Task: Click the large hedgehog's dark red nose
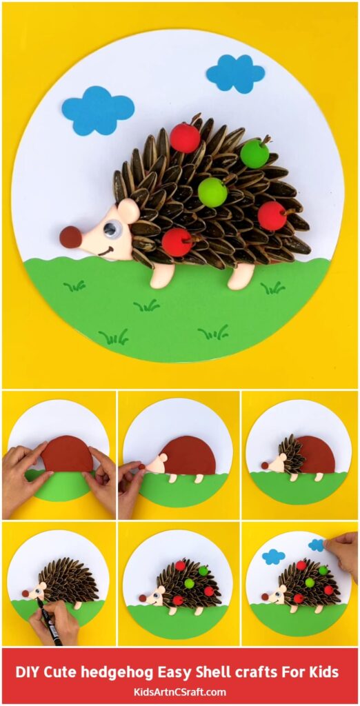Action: pos(70,237)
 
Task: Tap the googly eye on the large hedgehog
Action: pos(110,228)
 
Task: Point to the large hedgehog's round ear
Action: pos(128,211)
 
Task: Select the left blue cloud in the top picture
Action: pos(98,108)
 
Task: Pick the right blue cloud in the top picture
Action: pos(235,72)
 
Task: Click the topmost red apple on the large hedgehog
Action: pos(185,138)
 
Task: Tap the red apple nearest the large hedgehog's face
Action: pos(177,243)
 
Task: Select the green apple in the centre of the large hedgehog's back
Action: pos(212,192)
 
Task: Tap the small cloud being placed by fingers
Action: pos(317,545)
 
